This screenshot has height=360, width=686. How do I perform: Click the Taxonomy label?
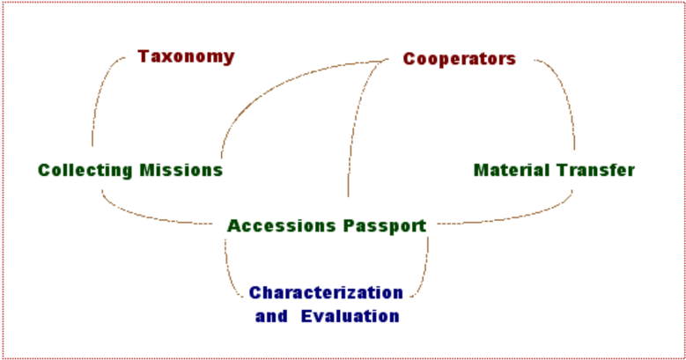pos(186,57)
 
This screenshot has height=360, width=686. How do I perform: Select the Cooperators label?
pos(460,59)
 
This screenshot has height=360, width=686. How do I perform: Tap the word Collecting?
pos(85,170)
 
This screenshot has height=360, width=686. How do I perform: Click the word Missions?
pos(181,170)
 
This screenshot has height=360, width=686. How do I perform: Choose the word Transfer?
pos(595,170)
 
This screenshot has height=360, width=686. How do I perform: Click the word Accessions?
pos(281,225)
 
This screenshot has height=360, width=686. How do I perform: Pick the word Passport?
pos(385,226)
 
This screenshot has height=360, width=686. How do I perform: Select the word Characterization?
pos(326,292)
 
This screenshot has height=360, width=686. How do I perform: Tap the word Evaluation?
pos(350,316)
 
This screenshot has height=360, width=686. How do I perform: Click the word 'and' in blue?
pos(271,316)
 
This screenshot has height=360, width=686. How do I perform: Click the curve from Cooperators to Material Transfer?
pos(564,92)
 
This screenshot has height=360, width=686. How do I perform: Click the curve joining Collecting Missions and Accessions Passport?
pos(144,216)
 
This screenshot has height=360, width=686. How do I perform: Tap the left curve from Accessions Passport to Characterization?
pos(228,274)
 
